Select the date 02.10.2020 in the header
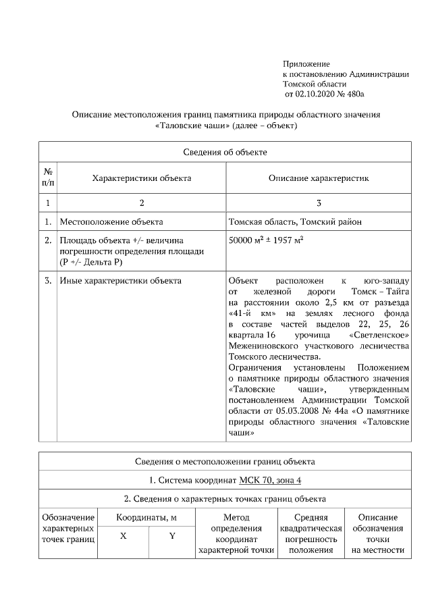pos(319,94)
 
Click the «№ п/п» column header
pos(48,178)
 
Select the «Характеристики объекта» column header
pos(142,178)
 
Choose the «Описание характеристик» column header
pos(319,178)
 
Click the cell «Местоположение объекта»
pos(111,221)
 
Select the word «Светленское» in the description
pos(379,334)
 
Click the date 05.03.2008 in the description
pos(285,411)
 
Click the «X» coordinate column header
pos(123,536)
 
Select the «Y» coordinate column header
pos(171,536)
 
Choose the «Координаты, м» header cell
pos(146,517)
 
